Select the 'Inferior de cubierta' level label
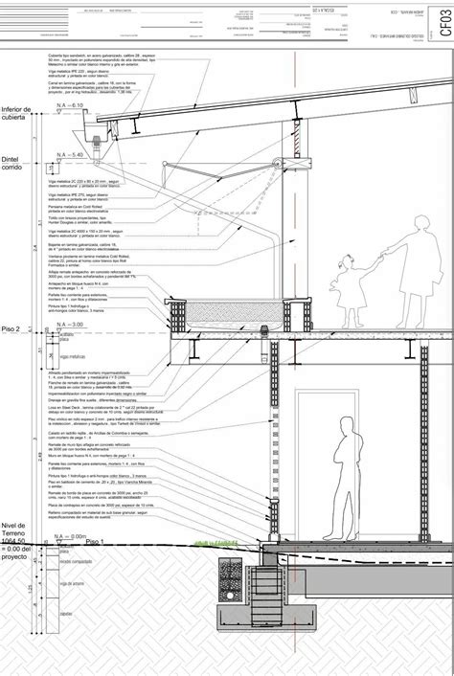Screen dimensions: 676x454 pyautogui.click(x=17, y=115)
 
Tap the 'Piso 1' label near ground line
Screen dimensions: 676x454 pyautogui.click(x=98, y=542)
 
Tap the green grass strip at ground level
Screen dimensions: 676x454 pyautogui.click(x=216, y=541)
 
